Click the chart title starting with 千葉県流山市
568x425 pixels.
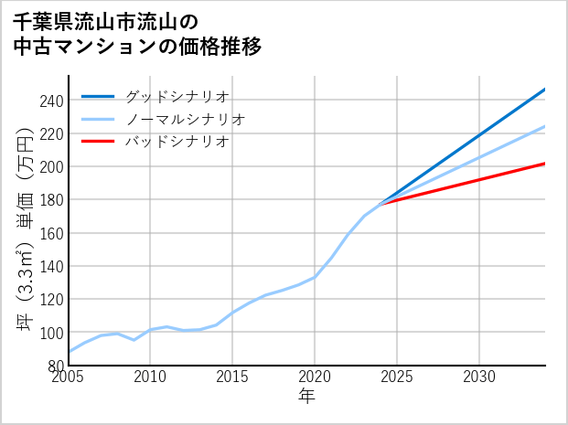(137, 34)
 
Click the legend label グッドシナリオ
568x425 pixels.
(177, 97)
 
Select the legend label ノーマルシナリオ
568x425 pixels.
(185, 120)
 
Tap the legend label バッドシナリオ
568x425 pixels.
(177, 142)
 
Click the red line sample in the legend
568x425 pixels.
(99, 142)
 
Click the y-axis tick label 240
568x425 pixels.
(51, 101)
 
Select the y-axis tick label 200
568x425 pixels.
(51, 167)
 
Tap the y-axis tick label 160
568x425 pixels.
(51, 233)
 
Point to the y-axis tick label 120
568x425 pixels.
(51, 300)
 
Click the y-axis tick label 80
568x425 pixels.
(55, 366)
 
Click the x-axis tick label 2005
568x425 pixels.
(69, 377)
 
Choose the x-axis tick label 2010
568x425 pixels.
(151, 377)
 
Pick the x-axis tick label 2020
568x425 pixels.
(315, 377)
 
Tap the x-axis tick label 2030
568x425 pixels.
(479, 377)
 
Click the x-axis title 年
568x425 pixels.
(307, 397)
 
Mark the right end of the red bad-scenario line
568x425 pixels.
(544, 164)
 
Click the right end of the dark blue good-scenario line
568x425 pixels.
(544, 90)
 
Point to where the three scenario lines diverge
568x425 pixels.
(380, 203)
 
